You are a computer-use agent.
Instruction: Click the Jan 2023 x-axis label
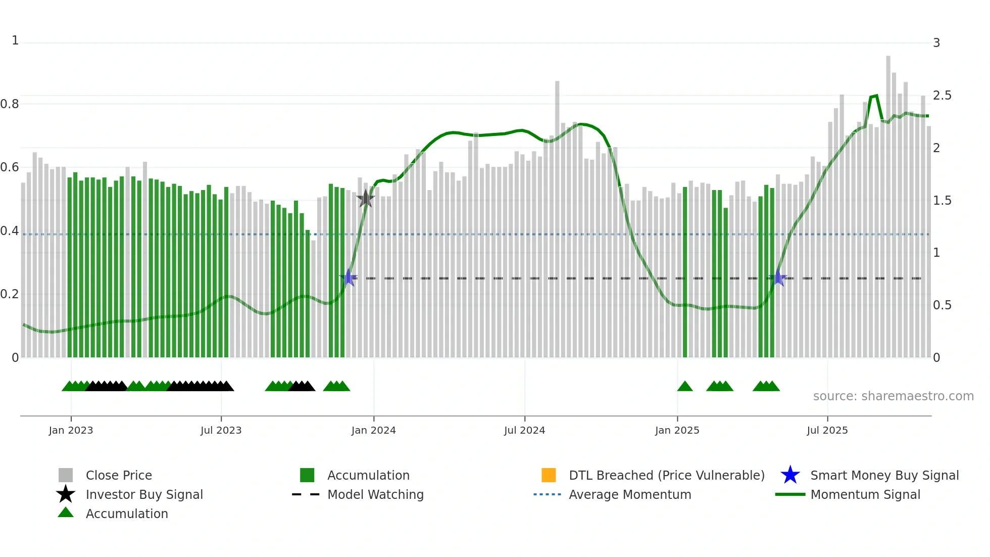point(71,430)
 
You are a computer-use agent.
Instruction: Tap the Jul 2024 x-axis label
point(524,430)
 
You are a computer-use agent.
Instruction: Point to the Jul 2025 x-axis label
point(827,430)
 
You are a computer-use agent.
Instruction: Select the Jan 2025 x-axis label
point(677,430)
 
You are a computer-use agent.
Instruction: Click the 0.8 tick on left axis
point(10,104)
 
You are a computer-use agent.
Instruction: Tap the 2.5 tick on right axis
point(942,96)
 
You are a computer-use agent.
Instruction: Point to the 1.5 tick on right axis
point(942,201)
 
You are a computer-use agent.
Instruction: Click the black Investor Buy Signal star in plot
point(366,199)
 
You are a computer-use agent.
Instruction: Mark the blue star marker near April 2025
point(778,278)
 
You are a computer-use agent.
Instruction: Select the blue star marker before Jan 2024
point(348,278)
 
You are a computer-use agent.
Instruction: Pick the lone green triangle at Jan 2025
point(685,387)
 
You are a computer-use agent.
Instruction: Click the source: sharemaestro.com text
point(893,396)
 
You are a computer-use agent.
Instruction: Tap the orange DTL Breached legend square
point(549,475)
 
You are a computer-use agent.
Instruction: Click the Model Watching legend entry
point(375,494)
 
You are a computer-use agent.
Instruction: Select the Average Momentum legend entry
point(629,494)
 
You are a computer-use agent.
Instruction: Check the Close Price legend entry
point(118,475)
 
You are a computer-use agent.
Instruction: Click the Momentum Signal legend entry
point(865,494)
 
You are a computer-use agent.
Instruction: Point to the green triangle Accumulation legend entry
point(126,514)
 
